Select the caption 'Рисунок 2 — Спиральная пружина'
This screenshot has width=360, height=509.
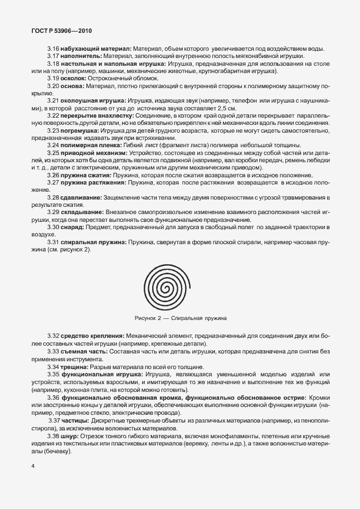click(179, 318)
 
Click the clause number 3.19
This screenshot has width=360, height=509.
click(53, 79)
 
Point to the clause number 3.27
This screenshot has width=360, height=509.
click(53, 182)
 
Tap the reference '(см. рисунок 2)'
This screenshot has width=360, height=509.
click(70, 249)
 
